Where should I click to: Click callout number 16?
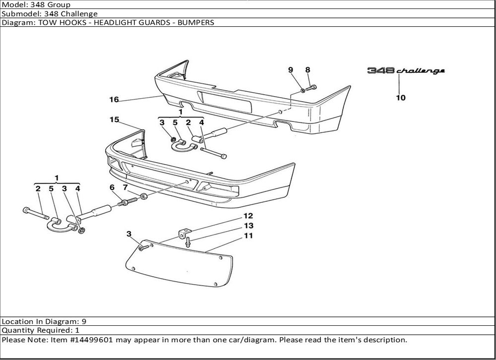tap(114, 100)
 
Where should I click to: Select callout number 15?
tap(115, 120)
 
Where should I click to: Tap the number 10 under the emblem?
tap(400, 98)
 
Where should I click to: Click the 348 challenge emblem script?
tap(406, 71)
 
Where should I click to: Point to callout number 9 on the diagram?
tap(291, 70)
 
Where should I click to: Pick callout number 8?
tap(308, 70)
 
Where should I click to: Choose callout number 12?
tap(248, 216)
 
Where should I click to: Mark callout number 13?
tap(248, 226)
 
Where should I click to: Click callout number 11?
tap(248, 236)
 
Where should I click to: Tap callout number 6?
tap(112, 187)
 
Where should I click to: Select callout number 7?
tap(125, 187)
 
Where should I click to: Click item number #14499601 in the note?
tap(90, 340)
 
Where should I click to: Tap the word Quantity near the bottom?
tap(17, 330)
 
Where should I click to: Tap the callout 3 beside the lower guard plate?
tap(129, 234)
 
